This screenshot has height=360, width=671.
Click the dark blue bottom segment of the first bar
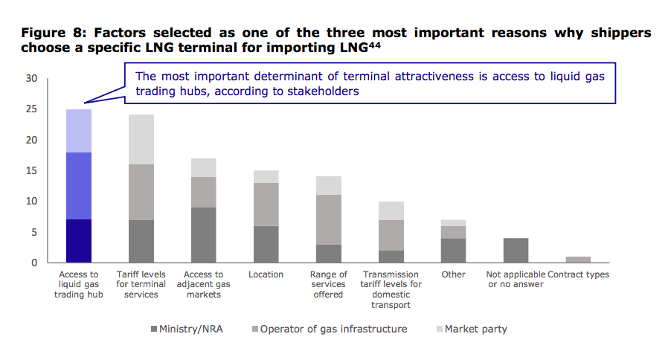click(79, 241)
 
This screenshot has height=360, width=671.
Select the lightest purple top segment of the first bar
click(79, 131)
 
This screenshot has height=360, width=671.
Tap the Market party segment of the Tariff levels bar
click(141, 139)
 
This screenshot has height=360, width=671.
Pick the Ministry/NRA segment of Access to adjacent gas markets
click(203, 235)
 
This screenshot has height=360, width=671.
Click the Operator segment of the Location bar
click(266, 205)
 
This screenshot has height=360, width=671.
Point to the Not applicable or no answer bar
click(515, 251)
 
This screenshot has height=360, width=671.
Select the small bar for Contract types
click(577, 260)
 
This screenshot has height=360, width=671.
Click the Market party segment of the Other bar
click(453, 222)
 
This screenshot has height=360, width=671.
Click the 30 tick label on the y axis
click(32, 79)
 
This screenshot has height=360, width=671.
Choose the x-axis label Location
click(266, 274)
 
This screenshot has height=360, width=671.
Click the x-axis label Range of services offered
click(328, 284)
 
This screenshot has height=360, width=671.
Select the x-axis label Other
click(453, 274)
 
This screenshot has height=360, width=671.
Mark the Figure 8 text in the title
click(50, 33)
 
